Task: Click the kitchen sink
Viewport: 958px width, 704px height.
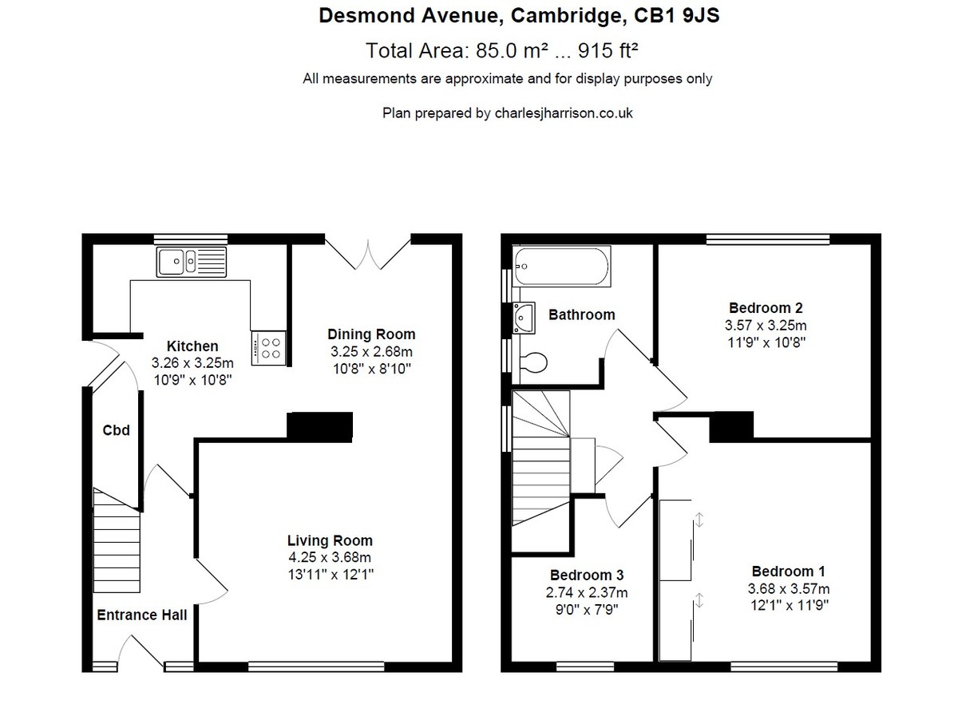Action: [x=191, y=262]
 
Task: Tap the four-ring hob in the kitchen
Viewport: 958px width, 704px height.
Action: [x=269, y=348]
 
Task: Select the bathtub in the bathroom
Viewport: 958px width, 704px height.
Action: [x=562, y=267]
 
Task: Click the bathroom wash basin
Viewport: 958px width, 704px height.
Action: [x=524, y=318]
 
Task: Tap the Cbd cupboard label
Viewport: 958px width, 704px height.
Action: [x=116, y=430]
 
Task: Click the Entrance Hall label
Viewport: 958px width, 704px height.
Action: [x=142, y=615]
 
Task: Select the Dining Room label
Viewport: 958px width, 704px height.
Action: [x=371, y=334]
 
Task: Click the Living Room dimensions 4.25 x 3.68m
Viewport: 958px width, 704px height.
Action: [x=330, y=557]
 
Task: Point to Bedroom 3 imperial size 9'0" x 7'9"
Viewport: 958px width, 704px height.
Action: [x=587, y=609]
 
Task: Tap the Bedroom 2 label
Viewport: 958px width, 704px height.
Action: [x=766, y=308]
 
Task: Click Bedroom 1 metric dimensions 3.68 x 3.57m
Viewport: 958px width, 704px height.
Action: [x=789, y=588]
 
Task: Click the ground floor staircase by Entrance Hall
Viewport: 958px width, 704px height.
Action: [x=117, y=540]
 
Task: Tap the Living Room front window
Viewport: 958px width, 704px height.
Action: [x=316, y=666]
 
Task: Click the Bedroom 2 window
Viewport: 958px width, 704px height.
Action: [x=768, y=239]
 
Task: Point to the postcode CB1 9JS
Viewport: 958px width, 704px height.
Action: [x=677, y=16]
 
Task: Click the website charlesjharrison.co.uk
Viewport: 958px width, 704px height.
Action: [x=564, y=113]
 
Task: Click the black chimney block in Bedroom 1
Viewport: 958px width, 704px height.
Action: [x=731, y=426]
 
